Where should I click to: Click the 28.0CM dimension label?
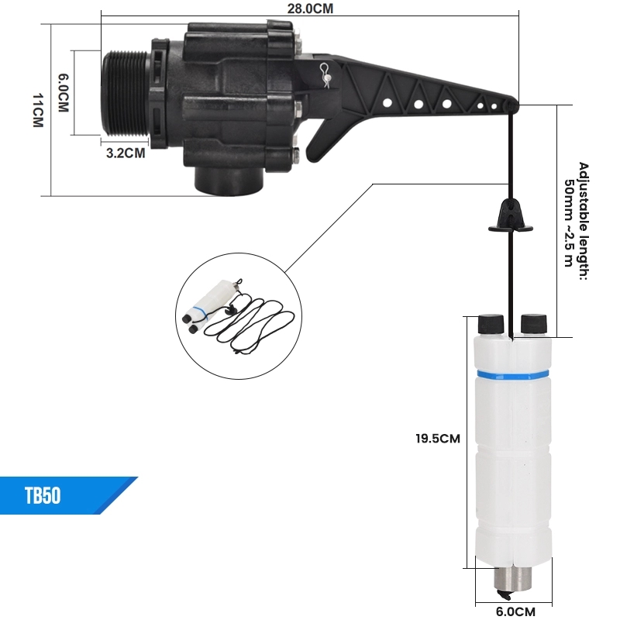(310, 9)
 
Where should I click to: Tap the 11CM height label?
(38, 110)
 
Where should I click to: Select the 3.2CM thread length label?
(126, 153)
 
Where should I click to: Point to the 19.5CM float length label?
(438, 438)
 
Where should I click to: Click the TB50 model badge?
(43, 495)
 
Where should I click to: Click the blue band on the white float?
(512, 374)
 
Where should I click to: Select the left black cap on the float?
(491, 324)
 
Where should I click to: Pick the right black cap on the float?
(534, 324)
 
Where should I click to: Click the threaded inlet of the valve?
(126, 94)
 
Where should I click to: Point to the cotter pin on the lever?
(325, 74)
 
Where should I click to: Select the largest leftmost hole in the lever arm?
(387, 103)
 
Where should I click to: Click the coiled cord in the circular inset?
(250, 324)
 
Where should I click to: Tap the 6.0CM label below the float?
(515, 611)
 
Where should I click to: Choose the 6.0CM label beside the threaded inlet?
(64, 92)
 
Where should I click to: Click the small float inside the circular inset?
(208, 305)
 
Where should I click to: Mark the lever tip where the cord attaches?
(512, 105)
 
